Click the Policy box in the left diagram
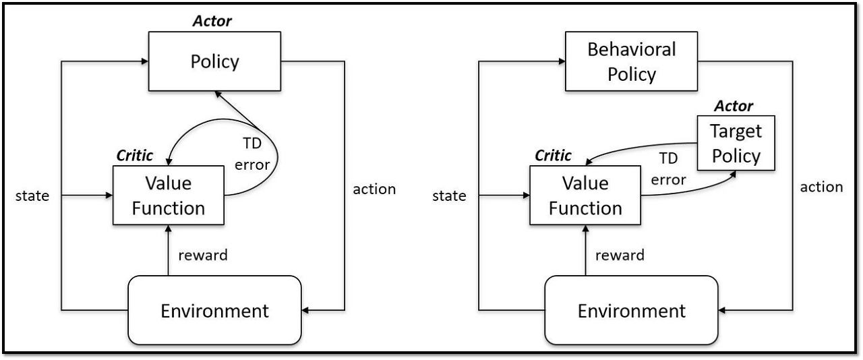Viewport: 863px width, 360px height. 214,61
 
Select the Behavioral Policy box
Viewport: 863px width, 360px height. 631,61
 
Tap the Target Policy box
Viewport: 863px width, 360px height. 736,143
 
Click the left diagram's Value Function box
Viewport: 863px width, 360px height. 169,195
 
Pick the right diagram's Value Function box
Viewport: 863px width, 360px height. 585,195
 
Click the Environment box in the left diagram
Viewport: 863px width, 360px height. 214,310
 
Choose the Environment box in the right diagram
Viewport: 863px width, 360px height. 632,310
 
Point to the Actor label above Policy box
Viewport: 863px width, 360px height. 212,21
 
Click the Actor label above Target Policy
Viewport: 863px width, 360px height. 734,106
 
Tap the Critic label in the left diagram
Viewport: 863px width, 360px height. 134,156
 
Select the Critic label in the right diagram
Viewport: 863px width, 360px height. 553,156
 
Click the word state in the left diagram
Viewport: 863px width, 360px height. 32,196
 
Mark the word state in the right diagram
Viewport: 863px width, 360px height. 449,196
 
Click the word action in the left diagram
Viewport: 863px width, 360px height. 374,189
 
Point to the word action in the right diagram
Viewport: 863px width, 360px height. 821,187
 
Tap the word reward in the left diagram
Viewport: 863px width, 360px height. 203,255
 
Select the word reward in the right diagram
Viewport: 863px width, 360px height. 620,255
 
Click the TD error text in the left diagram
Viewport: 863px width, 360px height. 252,154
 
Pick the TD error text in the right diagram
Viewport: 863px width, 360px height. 668,169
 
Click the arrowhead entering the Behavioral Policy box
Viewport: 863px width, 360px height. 562,61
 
